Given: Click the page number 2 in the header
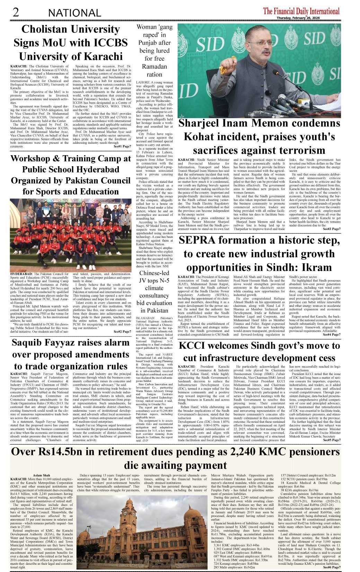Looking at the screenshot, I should coord(15,12).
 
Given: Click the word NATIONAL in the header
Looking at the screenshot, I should coord(74,13).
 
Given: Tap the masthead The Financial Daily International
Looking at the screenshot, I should coord(301,11).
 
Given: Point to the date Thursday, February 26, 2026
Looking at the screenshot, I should coord(298,18).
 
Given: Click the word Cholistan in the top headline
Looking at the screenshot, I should coord(46,29).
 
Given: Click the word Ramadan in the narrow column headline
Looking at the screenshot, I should coord(154,66).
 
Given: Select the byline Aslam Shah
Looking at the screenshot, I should coord(41,475).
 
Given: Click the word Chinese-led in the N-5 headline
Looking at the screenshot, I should coord(154,273).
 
